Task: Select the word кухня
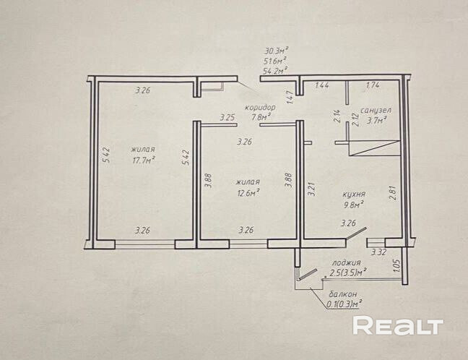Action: pyautogui.click(x=353, y=194)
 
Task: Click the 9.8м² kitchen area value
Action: pyautogui.click(x=353, y=204)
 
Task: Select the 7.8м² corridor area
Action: pyautogui.click(x=261, y=116)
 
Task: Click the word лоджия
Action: pyautogui.click(x=346, y=262)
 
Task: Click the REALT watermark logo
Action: pyautogui.click(x=397, y=327)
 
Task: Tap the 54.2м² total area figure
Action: pyautogui.click(x=276, y=71)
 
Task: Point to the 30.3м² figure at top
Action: pyautogui.click(x=276, y=51)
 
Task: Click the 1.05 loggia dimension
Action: pyautogui.click(x=396, y=267)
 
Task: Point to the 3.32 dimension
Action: pyautogui.click(x=378, y=252)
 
